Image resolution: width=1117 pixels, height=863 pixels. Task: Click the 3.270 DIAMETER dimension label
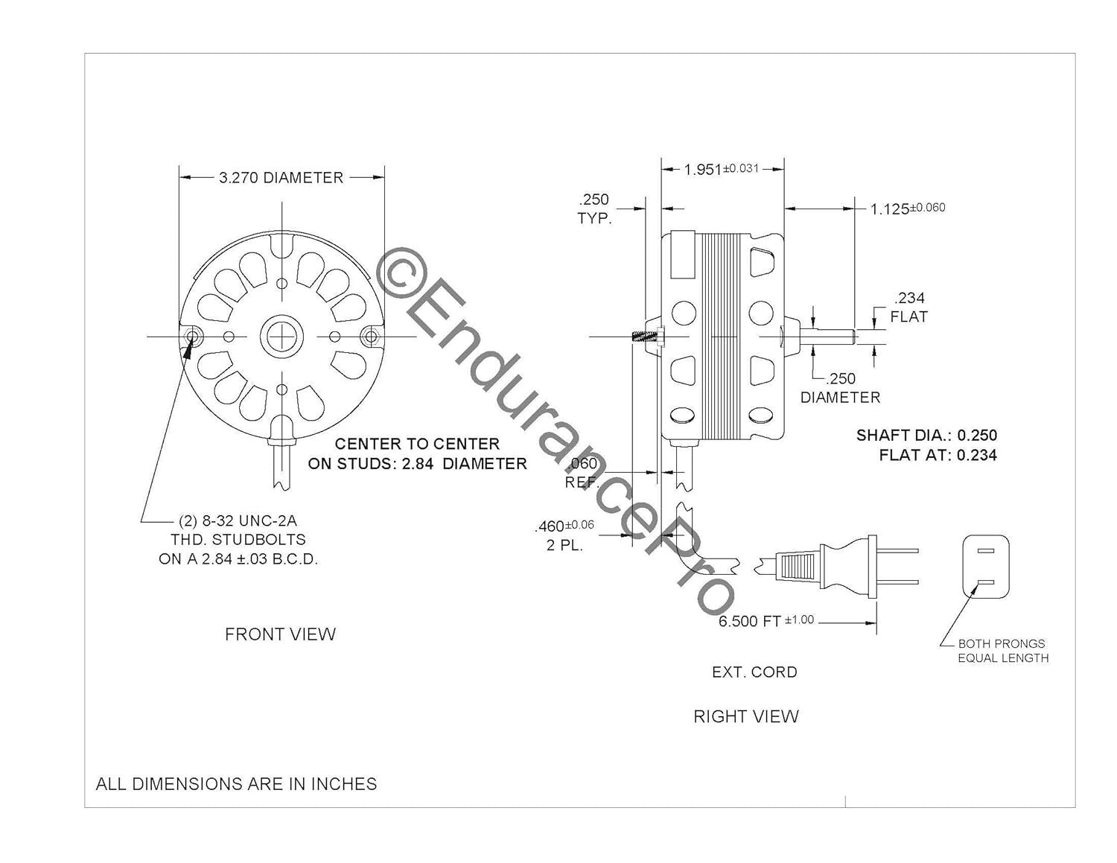(x=281, y=178)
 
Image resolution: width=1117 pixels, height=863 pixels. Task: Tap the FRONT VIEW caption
(x=280, y=634)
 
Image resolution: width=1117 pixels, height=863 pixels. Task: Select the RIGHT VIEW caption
(x=745, y=716)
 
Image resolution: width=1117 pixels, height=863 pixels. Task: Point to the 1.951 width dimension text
(x=721, y=169)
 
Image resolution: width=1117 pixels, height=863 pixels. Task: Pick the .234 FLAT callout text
(x=908, y=308)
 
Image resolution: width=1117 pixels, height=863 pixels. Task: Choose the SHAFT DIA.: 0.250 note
(x=926, y=435)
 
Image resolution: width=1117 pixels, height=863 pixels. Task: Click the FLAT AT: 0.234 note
(x=938, y=455)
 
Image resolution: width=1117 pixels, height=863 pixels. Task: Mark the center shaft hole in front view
(x=282, y=337)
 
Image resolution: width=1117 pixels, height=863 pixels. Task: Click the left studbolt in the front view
(x=193, y=337)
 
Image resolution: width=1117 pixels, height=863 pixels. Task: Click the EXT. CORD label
(x=754, y=672)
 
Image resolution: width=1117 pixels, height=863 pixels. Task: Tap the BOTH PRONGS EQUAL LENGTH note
(x=1002, y=651)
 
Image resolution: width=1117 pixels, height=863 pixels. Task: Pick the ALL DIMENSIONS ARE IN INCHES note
(x=236, y=783)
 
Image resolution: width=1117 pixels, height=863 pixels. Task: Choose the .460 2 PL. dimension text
(x=564, y=535)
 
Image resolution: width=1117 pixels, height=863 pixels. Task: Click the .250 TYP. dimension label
(x=593, y=209)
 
